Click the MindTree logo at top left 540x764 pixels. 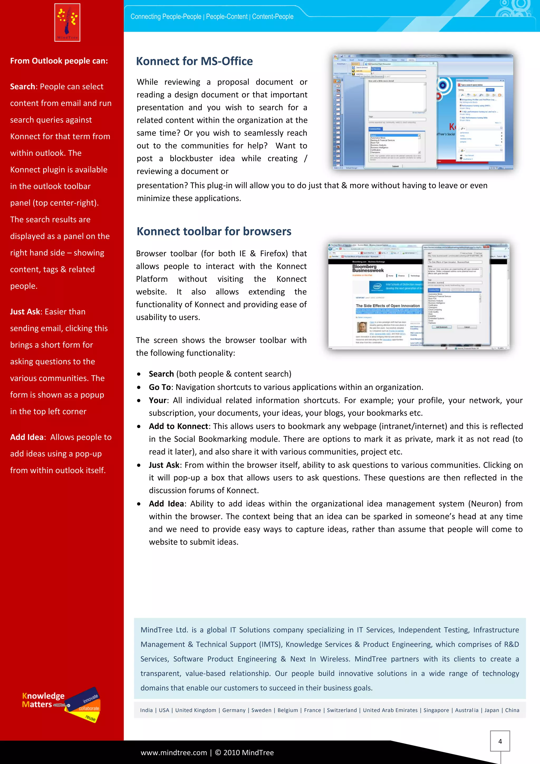click(x=67, y=23)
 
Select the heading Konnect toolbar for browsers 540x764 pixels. click(x=214, y=231)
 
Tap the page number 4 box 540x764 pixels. click(x=500, y=741)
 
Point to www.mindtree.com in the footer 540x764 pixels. click(x=173, y=753)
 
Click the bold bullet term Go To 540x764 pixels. click(x=160, y=387)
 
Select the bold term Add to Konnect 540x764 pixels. click(x=178, y=426)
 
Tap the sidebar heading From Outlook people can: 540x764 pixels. click(x=59, y=61)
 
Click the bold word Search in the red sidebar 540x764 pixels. click(x=22, y=87)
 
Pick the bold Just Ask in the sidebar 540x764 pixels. click(x=25, y=312)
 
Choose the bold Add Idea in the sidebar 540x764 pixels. click(x=27, y=437)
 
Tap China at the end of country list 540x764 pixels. click(x=512, y=710)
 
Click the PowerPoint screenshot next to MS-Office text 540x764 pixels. click(x=423, y=112)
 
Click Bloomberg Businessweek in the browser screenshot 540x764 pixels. click(x=368, y=268)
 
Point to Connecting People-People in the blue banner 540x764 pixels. click(x=166, y=17)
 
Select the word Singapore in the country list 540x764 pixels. click(x=436, y=710)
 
